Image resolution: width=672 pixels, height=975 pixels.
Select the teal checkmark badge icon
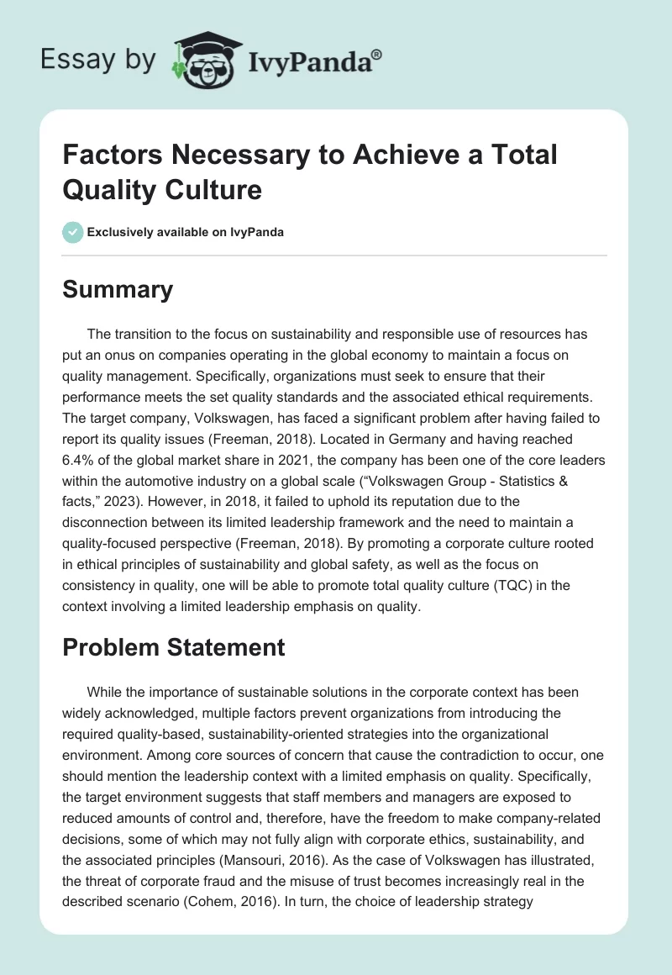tap(72, 232)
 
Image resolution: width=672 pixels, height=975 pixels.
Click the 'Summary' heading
tap(118, 289)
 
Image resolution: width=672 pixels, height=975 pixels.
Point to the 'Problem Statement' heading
tap(175, 646)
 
